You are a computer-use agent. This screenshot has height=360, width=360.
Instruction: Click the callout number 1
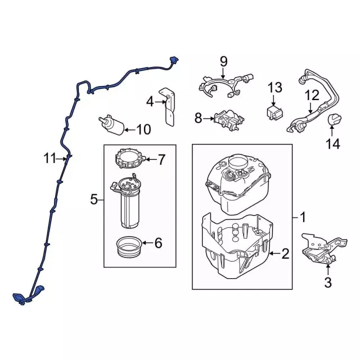click(x=302, y=217)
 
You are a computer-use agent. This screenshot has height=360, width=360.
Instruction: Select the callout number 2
click(x=285, y=254)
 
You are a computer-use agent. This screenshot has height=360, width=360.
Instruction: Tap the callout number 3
click(x=328, y=282)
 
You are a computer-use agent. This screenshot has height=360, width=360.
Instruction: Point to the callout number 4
click(x=150, y=102)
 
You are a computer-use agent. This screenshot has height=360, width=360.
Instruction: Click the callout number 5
click(x=94, y=199)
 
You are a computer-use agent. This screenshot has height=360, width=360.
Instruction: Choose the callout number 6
click(x=158, y=243)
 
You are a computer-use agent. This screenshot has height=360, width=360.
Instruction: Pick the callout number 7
click(x=161, y=160)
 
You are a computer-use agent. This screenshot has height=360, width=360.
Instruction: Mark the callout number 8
click(x=198, y=118)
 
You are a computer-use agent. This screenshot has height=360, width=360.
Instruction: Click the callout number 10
click(x=143, y=130)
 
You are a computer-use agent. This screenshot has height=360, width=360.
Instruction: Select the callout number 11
click(x=51, y=159)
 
